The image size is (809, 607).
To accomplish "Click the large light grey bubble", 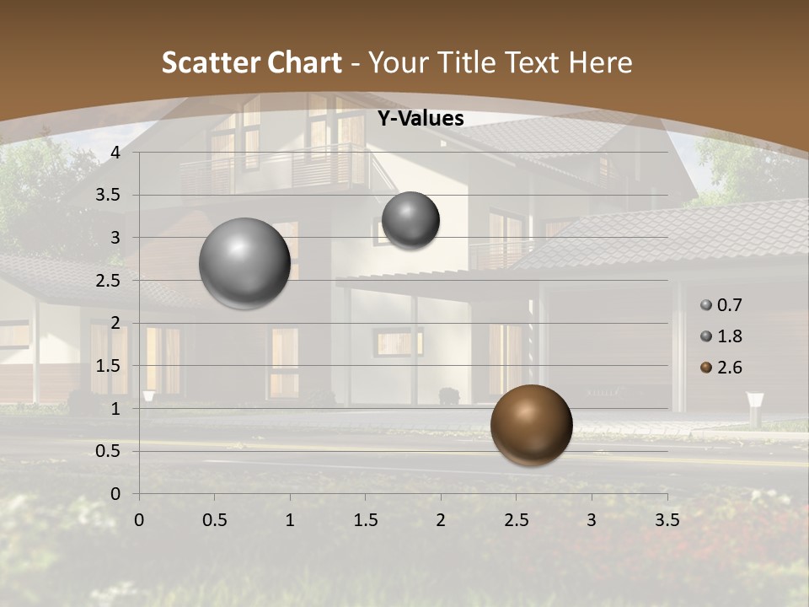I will click(x=244, y=263).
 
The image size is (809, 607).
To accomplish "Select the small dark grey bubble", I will click(x=410, y=220).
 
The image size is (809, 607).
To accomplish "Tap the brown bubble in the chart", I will click(x=531, y=425).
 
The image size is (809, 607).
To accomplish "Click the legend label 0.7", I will click(x=729, y=305).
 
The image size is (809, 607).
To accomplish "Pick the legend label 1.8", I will click(x=729, y=336).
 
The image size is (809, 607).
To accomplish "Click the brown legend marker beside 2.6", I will click(x=706, y=368).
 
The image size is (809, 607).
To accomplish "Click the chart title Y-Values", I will click(x=420, y=119).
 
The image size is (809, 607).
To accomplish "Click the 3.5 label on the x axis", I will click(x=667, y=520).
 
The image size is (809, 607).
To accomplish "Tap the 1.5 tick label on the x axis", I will click(x=365, y=520).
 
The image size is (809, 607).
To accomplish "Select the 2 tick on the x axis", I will click(x=441, y=520).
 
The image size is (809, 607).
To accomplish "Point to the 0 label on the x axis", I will click(x=139, y=520).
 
